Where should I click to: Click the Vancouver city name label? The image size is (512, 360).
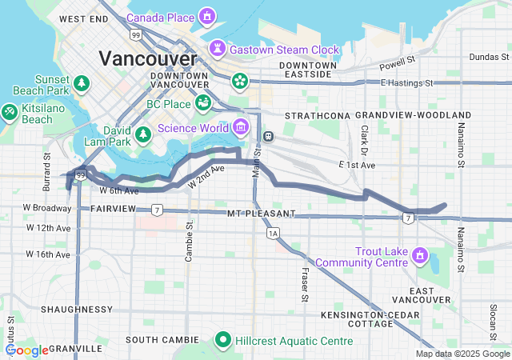(147, 58)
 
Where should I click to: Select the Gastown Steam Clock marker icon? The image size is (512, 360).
(217, 50)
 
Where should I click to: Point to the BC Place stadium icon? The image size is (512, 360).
(203, 104)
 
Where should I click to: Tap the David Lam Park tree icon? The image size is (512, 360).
(142, 134)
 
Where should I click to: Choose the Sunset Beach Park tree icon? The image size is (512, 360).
(81, 82)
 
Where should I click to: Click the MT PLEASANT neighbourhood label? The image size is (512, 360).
(261, 214)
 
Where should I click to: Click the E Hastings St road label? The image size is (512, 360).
(406, 82)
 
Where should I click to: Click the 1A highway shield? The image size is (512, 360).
(274, 233)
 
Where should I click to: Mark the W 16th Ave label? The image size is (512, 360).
(47, 254)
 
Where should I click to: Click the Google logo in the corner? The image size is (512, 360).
(27, 350)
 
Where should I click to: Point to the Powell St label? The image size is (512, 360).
(399, 60)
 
